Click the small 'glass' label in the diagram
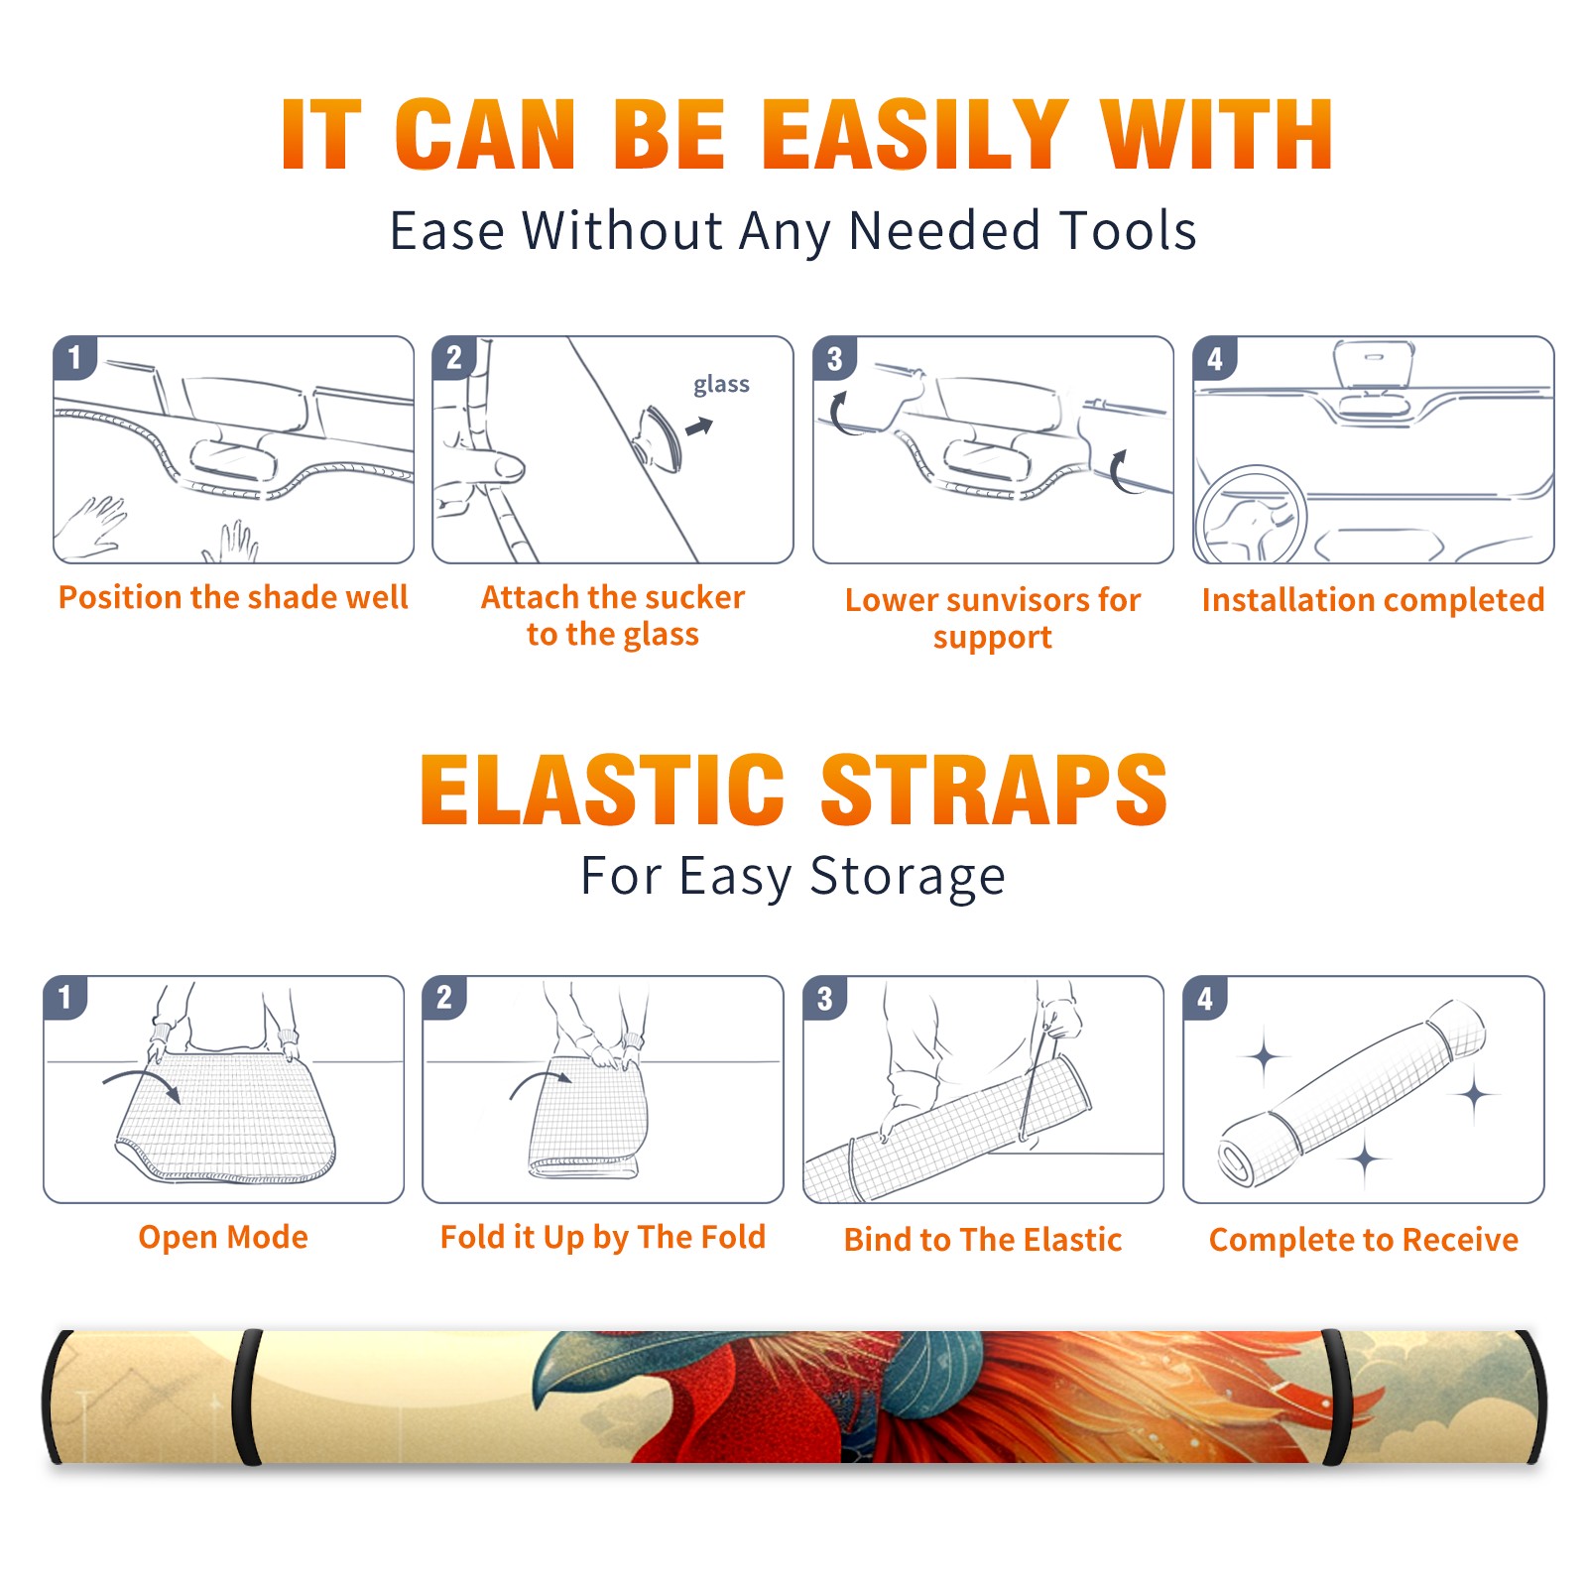click(721, 385)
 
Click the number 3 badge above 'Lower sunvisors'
click(835, 359)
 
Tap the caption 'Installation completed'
click(1373, 600)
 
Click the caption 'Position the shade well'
click(233, 597)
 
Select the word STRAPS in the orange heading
click(994, 790)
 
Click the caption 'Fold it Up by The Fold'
click(603, 1238)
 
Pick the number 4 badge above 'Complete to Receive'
click(1205, 999)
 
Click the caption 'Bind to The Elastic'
click(983, 1240)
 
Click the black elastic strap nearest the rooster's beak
click(246, 1398)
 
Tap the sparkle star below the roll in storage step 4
click(1366, 1159)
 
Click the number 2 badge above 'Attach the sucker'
click(455, 359)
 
